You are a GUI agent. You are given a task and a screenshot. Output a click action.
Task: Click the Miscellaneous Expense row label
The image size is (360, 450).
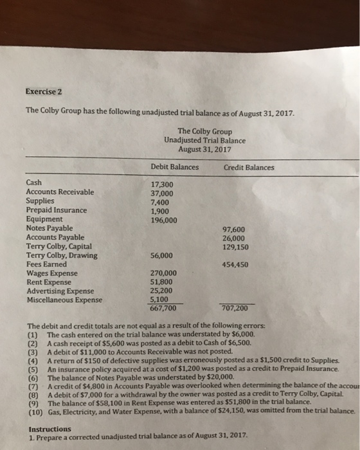[64, 300]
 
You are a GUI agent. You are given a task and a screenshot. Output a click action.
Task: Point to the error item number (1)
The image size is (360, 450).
[33, 334]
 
